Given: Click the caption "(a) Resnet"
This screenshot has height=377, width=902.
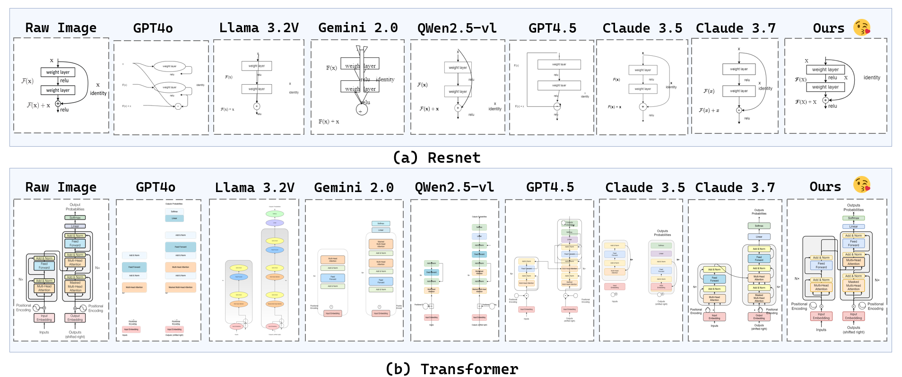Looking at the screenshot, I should (x=436, y=158).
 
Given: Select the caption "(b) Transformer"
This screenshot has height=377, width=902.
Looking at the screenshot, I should (x=451, y=368).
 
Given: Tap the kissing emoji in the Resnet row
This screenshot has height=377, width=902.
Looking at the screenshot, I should (x=862, y=27).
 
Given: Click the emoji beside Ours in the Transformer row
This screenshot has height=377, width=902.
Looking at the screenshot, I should (x=862, y=185).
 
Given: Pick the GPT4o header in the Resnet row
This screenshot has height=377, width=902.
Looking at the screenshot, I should (x=153, y=28).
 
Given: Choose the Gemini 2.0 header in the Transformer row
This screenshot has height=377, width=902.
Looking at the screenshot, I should (x=354, y=188).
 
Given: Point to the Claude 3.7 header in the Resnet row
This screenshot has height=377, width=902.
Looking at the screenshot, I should (x=736, y=28).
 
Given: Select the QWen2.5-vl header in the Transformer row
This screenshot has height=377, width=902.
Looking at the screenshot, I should (x=454, y=188).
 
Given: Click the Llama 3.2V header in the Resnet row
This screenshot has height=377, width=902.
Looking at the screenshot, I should (x=259, y=28).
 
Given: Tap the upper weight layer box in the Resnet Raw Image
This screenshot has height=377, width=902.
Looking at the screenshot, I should (x=58, y=72).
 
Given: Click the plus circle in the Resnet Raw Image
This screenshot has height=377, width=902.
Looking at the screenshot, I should (x=58, y=104).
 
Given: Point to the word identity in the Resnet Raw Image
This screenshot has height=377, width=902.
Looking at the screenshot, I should (x=98, y=93).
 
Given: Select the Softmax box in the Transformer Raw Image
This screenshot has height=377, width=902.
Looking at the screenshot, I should (x=75, y=218).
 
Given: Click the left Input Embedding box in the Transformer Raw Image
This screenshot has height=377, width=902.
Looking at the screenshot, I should (x=44, y=318).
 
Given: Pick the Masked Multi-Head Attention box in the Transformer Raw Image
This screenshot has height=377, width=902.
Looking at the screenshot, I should (x=75, y=286).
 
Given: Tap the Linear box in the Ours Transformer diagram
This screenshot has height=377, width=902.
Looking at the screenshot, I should (x=853, y=226).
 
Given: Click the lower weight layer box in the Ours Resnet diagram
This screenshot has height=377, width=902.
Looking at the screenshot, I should (x=825, y=87).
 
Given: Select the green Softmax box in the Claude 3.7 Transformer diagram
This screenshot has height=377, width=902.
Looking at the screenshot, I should (x=759, y=226).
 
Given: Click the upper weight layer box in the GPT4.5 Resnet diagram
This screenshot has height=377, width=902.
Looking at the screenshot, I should (x=559, y=64).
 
